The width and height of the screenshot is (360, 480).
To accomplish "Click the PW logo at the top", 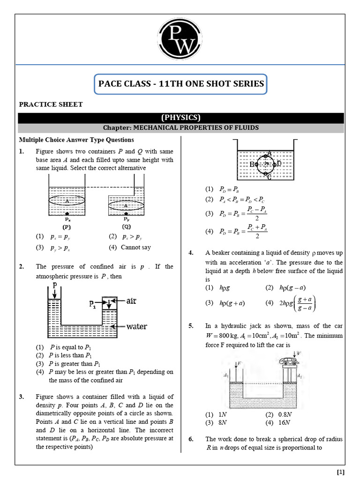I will coord(180,40).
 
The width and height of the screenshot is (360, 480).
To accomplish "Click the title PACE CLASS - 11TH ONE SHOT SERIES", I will coord(180,85).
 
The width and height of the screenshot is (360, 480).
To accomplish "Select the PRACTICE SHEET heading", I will coord(51,104).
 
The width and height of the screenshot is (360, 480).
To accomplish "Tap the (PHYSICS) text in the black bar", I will coord(180,118).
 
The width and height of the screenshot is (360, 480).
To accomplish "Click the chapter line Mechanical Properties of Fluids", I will coord(180,127).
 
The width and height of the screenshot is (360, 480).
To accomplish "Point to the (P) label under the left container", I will coord(67,225).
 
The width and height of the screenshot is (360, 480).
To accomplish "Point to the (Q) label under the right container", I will coord(127,225).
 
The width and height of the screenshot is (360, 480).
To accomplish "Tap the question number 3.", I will coord(22,397).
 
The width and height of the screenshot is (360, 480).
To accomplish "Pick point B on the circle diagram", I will coord(252,165).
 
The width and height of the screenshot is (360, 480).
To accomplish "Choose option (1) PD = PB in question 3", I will coord(223,189).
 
